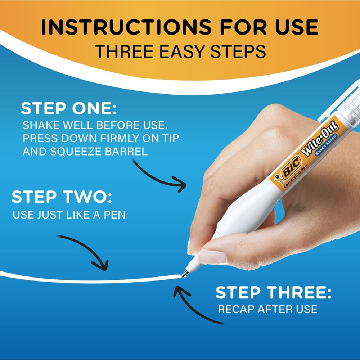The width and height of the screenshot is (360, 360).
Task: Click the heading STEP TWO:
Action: click(62, 198)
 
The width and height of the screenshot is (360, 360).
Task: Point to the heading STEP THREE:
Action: click(273, 293)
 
